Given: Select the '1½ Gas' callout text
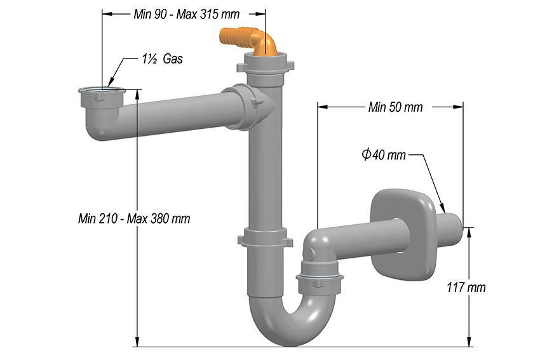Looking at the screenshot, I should [163, 59].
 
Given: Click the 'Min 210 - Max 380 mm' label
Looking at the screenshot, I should [134, 218].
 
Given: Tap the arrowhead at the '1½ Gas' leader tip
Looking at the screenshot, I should [110, 85].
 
